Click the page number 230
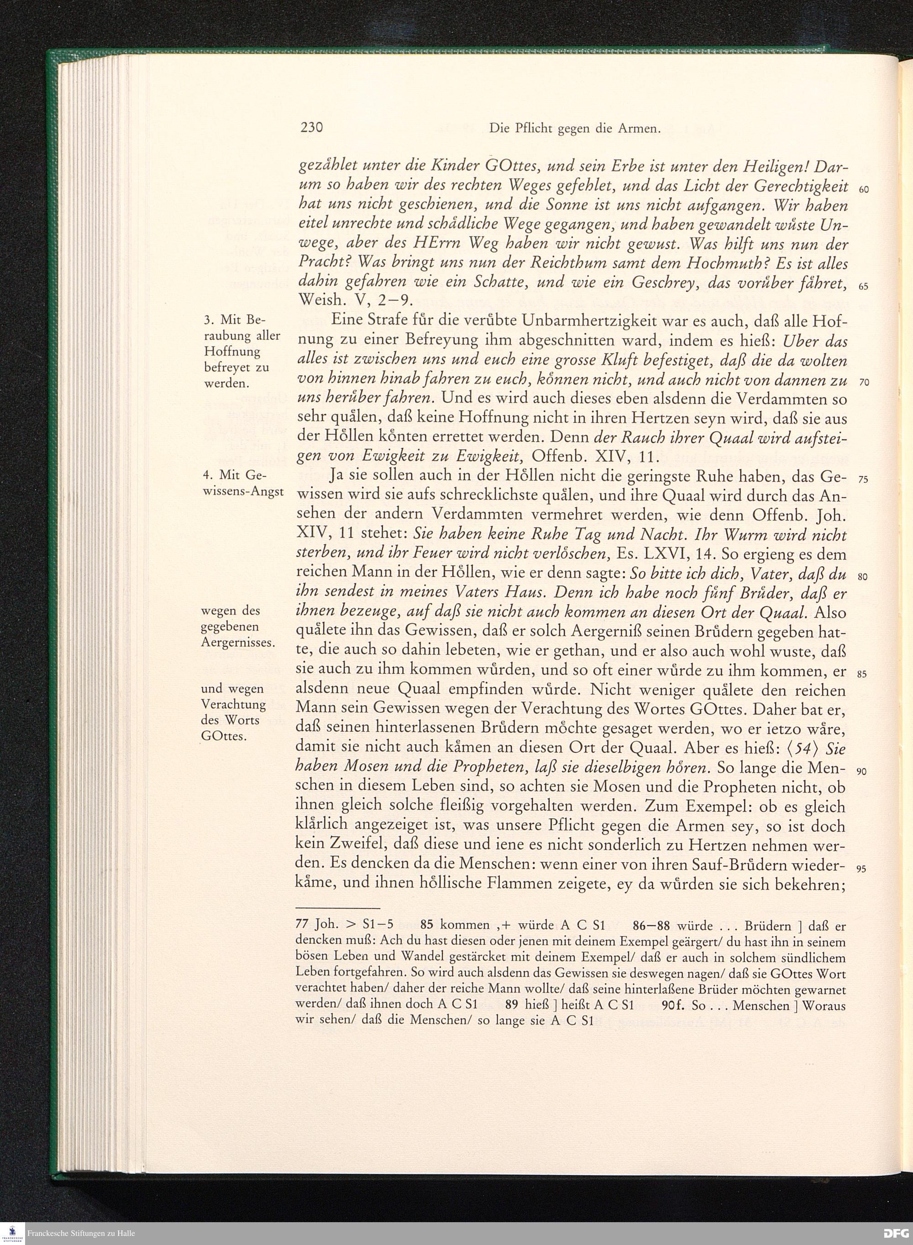click(x=311, y=128)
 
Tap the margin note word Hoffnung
click(x=232, y=352)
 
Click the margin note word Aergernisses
click(x=238, y=643)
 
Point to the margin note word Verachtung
click(x=234, y=704)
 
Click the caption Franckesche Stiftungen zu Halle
click(x=81, y=1234)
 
